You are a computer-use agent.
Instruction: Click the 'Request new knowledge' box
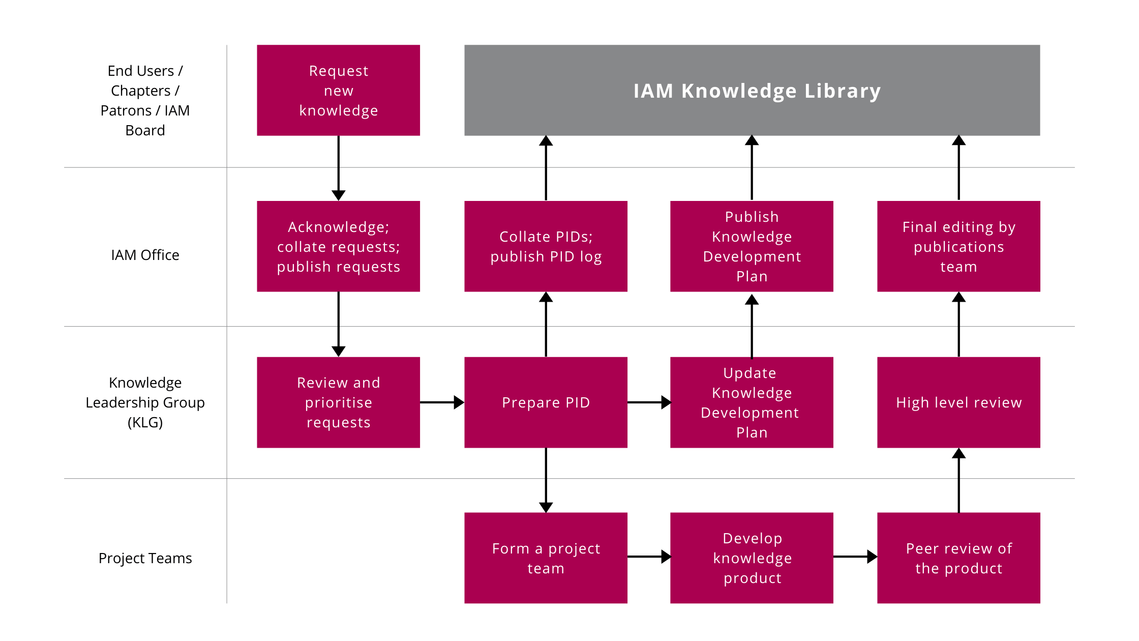(338, 90)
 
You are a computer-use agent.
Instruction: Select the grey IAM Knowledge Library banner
(752, 90)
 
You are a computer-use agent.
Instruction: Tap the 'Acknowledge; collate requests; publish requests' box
(338, 246)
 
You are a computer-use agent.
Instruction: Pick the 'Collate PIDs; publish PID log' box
(546, 246)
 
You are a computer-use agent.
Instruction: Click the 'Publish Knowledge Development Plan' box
(752, 246)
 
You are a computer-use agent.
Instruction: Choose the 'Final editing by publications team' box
(958, 246)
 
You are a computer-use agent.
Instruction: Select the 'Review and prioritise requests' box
(338, 402)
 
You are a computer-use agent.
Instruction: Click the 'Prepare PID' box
(546, 402)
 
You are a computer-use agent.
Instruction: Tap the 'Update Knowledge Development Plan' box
(752, 402)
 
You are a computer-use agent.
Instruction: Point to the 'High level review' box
(958, 402)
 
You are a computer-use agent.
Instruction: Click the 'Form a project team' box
(546, 558)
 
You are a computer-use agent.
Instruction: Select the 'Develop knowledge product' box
(752, 558)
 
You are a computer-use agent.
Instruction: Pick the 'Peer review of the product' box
(958, 558)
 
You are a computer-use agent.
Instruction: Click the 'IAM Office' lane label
(145, 255)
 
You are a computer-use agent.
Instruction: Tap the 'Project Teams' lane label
(145, 558)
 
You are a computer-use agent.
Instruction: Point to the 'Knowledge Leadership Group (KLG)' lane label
(145, 402)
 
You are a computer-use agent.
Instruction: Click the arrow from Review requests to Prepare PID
(442, 402)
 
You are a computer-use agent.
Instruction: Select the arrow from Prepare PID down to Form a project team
(546, 480)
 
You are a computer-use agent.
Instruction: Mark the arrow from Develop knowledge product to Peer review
(855, 557)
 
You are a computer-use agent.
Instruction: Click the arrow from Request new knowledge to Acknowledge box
(338, 168)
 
